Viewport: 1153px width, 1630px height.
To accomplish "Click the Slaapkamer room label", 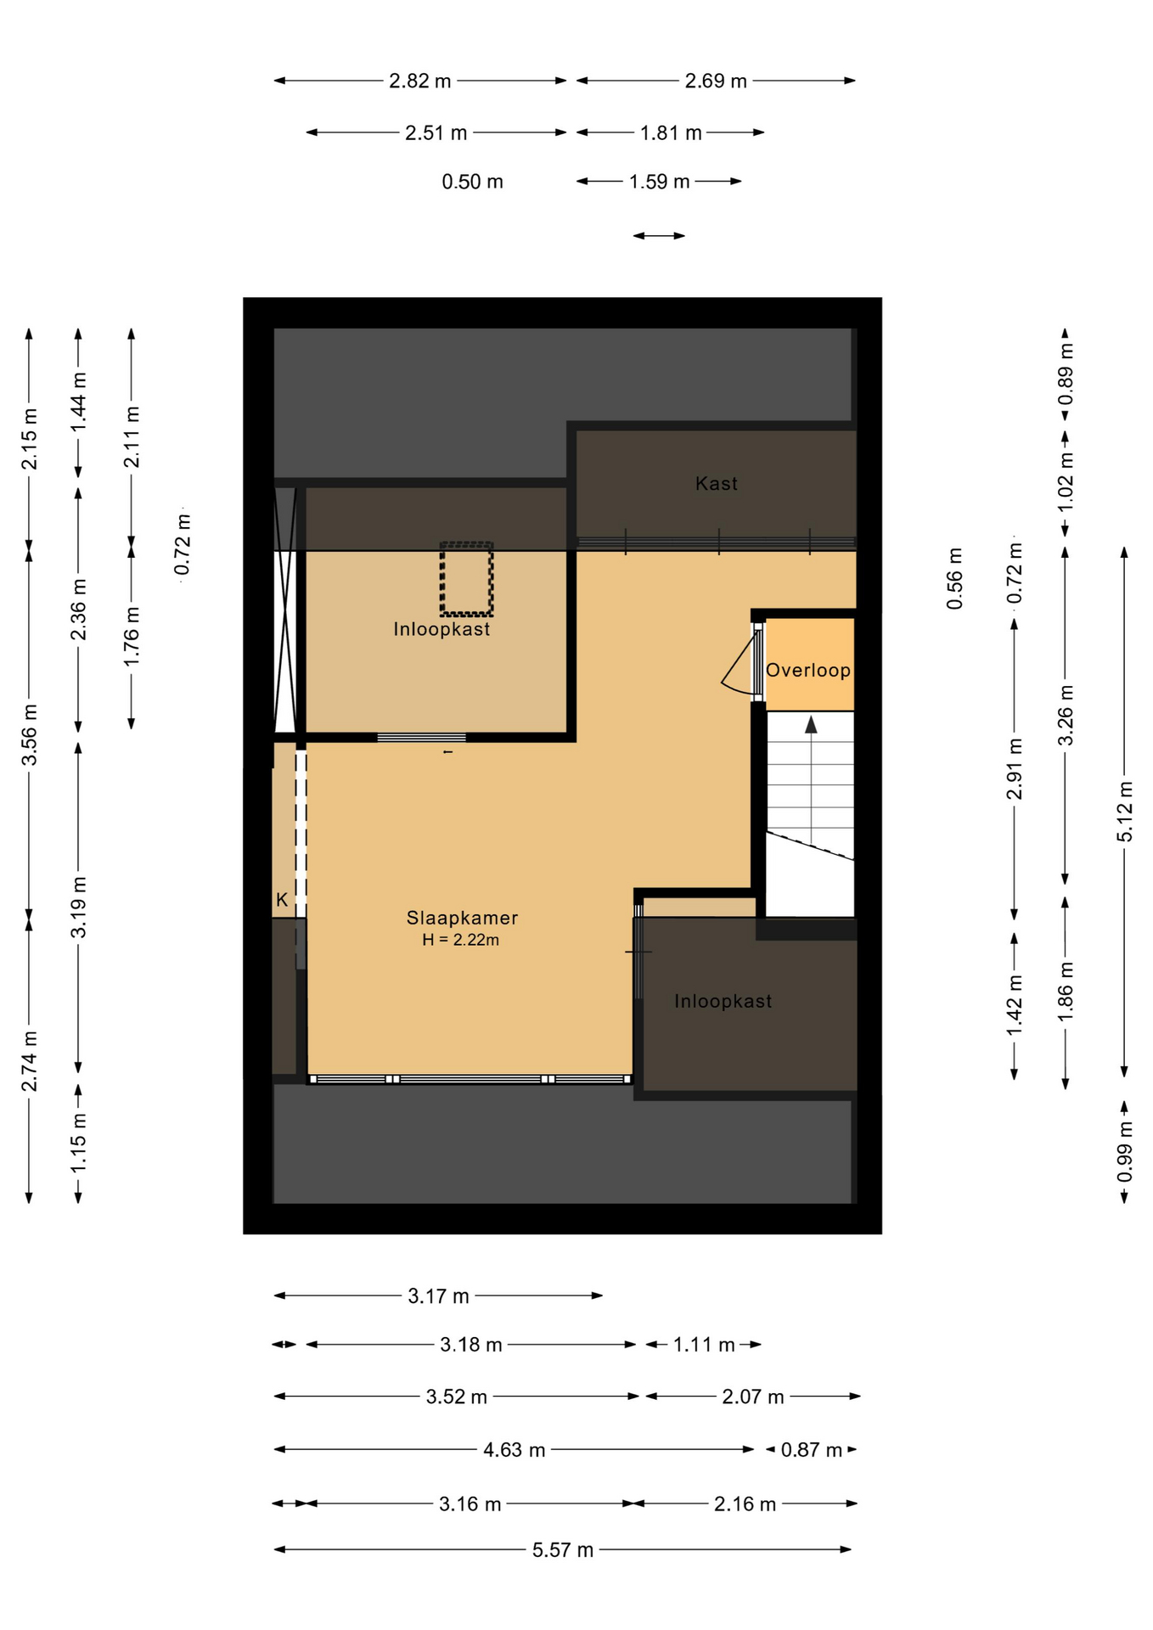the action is [462, 918].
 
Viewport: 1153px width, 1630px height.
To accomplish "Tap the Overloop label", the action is [808, 671].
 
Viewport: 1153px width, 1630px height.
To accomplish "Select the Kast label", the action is [717, 484].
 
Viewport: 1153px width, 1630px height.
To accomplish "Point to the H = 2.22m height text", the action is [461, 940].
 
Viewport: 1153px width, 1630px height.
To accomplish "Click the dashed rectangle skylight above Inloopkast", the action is [466, 579].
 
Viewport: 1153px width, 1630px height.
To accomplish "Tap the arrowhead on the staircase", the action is [811, 724].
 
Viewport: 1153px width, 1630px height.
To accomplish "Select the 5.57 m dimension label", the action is [563, 1550].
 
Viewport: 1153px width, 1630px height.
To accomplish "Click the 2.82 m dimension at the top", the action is [420, 81].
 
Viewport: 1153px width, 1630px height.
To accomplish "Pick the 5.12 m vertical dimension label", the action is [1124, 812].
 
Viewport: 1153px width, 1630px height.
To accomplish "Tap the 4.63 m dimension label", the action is [515, 1450].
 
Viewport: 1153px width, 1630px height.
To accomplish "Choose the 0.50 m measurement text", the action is [472, 182].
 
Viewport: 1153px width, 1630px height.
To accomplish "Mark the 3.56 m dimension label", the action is [29, 734].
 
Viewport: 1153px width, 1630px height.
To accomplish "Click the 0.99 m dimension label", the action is [1124, 1151].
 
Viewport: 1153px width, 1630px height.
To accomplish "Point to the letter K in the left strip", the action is [282, 900].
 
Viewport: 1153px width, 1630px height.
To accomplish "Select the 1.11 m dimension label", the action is [704, 1345].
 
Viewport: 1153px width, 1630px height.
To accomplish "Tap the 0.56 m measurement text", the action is [954, 578].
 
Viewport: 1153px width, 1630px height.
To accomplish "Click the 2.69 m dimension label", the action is [716, 81].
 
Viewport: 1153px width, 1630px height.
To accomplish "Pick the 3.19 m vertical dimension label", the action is [78, 908].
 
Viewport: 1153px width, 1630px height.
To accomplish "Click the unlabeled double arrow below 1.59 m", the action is [659, 236].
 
